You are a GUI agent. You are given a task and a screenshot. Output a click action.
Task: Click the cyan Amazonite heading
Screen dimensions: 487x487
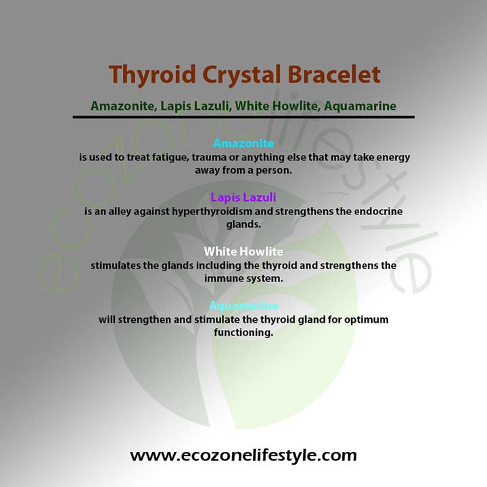[243, 143]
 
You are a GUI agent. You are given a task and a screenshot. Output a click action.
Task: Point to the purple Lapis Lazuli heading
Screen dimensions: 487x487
[243, 198]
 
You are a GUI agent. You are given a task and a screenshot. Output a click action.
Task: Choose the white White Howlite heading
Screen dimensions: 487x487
[243, 252]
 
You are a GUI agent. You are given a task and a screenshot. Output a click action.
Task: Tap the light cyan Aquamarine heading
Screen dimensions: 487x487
[243, 306]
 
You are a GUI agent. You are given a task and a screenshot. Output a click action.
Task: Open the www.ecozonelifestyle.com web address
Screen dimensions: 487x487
[243, 455]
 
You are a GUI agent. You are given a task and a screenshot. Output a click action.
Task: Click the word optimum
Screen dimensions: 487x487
[366, 319]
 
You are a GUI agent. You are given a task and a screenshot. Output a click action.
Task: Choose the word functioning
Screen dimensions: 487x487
[243, 333]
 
